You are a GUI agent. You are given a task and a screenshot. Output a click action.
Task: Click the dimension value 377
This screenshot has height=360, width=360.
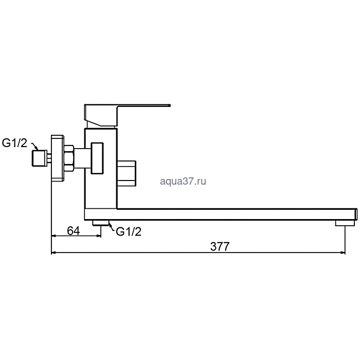pyautogui.click(x=220, y=246)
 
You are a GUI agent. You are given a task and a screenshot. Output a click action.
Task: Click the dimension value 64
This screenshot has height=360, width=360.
pyautogui.click(x=74, y=231)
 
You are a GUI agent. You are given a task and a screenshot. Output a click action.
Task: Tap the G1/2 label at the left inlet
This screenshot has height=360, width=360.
pyautogui.click(x=14, y=143)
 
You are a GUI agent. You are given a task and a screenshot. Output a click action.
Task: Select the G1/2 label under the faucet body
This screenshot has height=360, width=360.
pyautogui.click(x=129, y=231)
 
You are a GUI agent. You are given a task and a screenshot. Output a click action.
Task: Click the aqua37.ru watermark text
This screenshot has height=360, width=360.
pyautogui.click(x=183, y=181)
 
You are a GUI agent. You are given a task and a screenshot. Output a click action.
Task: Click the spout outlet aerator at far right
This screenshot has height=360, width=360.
pyautogui.click(x=345, y=223)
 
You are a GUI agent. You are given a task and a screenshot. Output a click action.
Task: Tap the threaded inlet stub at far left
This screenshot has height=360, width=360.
pyautogui.click(x=39, y=158)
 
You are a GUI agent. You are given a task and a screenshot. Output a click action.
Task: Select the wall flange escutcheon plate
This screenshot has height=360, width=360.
pyautogui.click(x=57, y=158)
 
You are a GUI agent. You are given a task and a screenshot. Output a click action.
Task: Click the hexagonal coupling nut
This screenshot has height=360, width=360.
pyautogui.click(x=69, y=158)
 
